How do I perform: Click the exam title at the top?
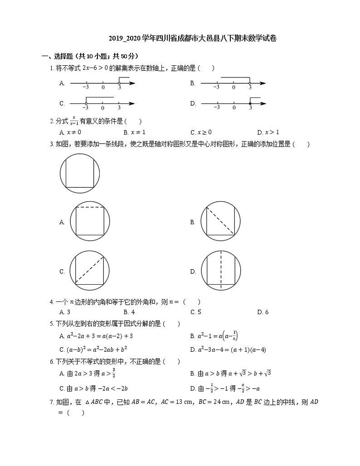pos(193,39)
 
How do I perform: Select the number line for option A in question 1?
pos(103,83)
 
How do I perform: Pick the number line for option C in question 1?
pos(103,104)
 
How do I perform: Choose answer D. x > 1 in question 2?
pos(268,132)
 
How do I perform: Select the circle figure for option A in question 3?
pos(90,222)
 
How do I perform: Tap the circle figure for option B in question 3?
pos(220,222)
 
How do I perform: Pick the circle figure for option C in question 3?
pos(90,271)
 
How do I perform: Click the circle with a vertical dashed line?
pos(220,271)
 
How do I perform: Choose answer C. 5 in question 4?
pos(196,312)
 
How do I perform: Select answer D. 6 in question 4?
pos(263,312)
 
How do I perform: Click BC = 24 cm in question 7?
pos(211,402)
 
